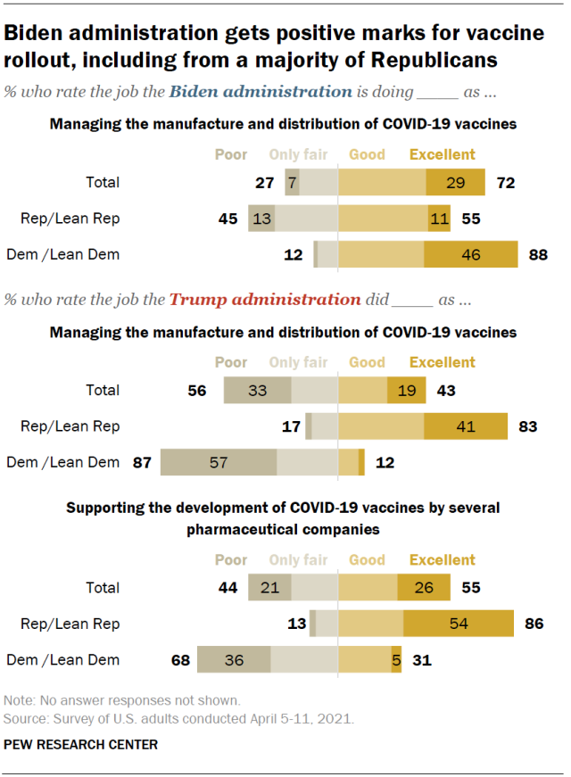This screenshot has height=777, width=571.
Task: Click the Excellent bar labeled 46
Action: click(470, 255)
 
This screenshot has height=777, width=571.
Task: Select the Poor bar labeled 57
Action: click(219, 462)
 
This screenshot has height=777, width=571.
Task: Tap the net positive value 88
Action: click(537, 255)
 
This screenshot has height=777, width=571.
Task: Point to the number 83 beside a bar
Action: click(527, 426)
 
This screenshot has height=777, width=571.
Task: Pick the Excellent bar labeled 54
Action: click(459, 624)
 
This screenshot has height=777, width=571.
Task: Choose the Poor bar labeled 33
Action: click(257, 390)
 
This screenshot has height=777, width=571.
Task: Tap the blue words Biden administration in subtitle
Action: click(260, 91)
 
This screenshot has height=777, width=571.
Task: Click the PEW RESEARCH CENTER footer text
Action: click(81, 744)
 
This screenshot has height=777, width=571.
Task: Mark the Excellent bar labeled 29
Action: click(455, 182)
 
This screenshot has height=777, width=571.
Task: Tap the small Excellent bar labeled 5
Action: click(396, 660)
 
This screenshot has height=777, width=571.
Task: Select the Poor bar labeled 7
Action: click(292, 182)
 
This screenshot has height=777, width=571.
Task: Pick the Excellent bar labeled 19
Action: click(400, 390)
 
